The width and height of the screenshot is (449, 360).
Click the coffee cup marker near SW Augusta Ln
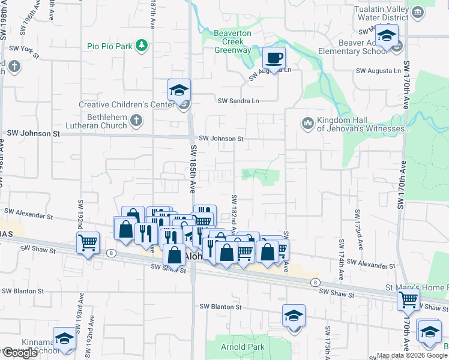pyautogui.click(x=274, y=59)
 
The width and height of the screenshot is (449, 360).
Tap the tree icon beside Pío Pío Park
pyautogui.click(x=142, y=46)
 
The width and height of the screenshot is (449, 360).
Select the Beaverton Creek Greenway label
pyautogui.click(x=233, y=41)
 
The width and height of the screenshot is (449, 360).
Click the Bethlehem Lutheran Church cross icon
pyautogui.click(x=136, y=121)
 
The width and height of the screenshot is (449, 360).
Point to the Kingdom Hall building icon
pyautogui.click(x=308, y=123)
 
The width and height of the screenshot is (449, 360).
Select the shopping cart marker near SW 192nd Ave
pyautogui.click(x=88, y=243)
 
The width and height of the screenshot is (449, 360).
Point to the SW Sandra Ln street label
pyautogui.click(x=238, y=101)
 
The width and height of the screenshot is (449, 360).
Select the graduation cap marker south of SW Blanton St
pyautogui.click(x=294, y=316)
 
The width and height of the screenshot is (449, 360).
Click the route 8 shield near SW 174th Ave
pyautogui.click(x=314, y=282)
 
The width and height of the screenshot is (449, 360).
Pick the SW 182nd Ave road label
pyautogui.click(x=234, y=211)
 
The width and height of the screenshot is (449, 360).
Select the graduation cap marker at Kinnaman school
pyautogui.click(x=64, y=339)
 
